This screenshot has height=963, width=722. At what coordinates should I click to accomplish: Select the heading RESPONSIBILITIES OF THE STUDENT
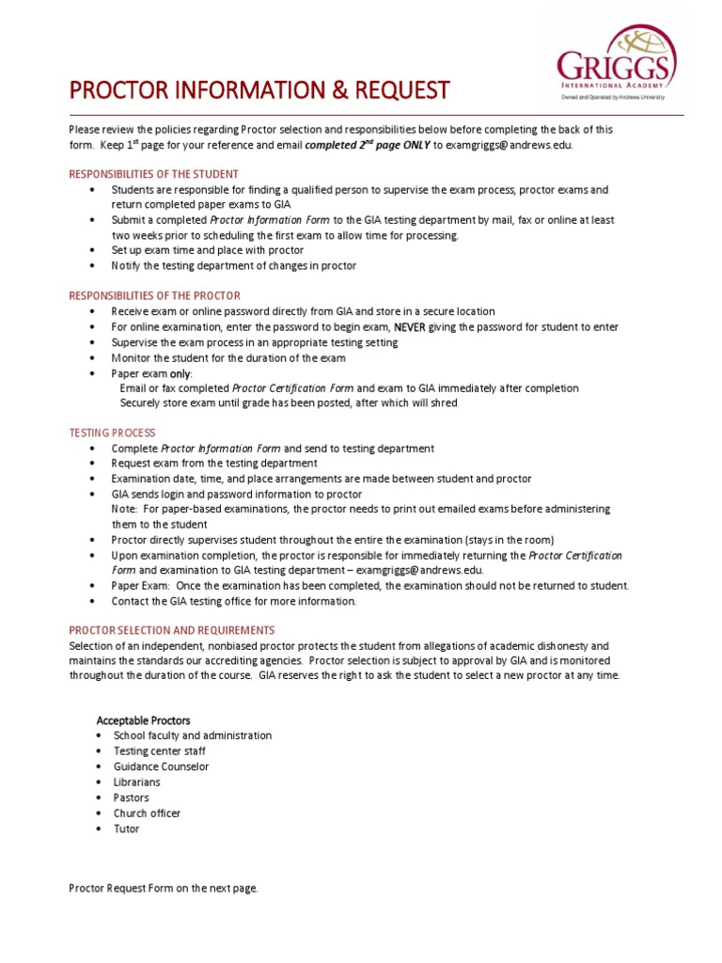click(154, 174)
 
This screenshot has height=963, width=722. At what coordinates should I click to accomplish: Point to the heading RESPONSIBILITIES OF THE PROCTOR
click(155, 295)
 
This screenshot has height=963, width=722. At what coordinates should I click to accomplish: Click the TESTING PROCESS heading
click(112, 433)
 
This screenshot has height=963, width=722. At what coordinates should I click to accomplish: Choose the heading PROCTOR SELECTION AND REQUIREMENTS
click(172, 630)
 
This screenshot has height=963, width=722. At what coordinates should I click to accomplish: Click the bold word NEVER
click(410, 327)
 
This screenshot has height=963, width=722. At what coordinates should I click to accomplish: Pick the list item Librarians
click(137, 782)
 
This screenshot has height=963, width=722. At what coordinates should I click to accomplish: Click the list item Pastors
click(132, 797)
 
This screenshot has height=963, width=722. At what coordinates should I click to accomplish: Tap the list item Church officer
click(148, 813)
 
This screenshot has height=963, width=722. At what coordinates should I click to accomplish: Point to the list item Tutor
click(127, 829)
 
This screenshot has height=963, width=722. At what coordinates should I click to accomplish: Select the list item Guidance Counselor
click(162, 766)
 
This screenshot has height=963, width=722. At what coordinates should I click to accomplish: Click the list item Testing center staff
click(160, 751)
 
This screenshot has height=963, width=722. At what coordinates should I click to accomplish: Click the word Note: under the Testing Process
click(125, 509)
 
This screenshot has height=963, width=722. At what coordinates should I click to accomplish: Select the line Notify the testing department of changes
click(234, 266)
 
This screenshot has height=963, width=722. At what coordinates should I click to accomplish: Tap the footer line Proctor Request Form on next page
click(164, 888)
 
